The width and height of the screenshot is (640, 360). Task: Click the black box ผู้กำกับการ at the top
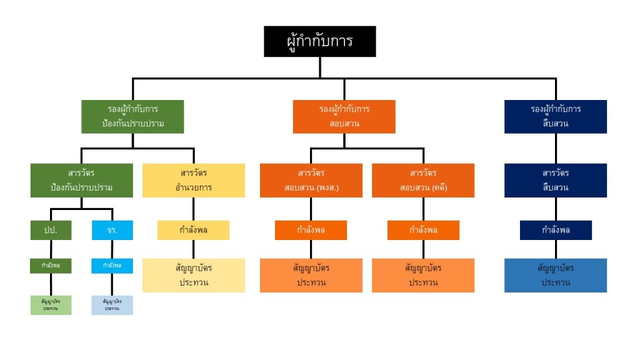click(319, 41)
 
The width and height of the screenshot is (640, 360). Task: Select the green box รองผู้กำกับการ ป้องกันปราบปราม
click(132, 116)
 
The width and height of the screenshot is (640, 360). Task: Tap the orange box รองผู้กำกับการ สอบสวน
click(344, 116)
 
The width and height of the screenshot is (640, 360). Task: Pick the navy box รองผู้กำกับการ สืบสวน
click(556, 116)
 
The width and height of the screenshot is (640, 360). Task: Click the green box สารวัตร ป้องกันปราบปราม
click(82, 180)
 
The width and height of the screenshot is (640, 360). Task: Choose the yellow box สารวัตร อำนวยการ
click(193, 180)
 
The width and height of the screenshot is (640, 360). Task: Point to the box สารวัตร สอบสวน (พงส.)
click(311, 180)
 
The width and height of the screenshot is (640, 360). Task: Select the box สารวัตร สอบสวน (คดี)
click(423, 180)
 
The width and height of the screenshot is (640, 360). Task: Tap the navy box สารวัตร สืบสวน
click(556, 180)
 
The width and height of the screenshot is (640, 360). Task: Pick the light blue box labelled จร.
click(112, 230)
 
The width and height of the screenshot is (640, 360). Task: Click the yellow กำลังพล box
click(193, 230)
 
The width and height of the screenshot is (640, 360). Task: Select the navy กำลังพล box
click(556, 230)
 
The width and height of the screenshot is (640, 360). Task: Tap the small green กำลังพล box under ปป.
click(51, 266)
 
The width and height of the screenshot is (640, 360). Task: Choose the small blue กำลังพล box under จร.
click(112, 266)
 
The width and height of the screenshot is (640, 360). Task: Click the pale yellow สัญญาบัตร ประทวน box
click(193, 275)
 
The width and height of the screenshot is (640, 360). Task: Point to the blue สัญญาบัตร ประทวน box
click(556, 275)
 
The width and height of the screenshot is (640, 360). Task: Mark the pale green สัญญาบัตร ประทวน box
click(51, 305)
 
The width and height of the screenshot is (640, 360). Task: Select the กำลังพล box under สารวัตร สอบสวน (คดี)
click(423, 230)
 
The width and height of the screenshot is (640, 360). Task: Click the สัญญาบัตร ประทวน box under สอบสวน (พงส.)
click(311, 275)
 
